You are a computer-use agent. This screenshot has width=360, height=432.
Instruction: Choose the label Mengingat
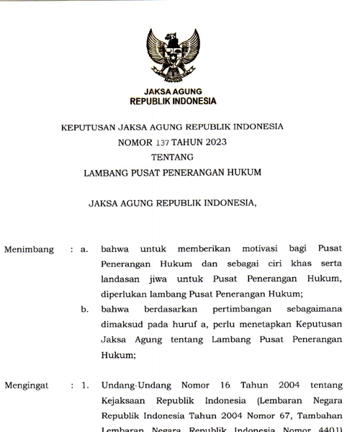pyautogui.click(x=27, y=385)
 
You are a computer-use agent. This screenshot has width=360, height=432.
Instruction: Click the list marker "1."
pyautogui.click(x=84, y=385)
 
